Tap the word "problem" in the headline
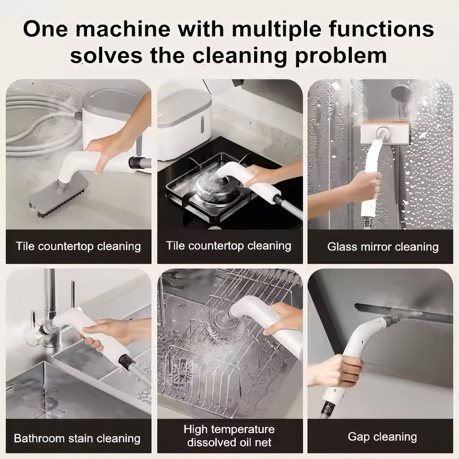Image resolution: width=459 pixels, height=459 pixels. tap(341, 55)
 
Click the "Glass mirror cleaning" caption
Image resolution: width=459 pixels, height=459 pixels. tap(383, 247)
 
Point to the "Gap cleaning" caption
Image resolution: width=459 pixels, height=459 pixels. tap(382, 437)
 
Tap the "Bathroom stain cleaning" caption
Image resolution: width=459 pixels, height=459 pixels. tap(77, 438)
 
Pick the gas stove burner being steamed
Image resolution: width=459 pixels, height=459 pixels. tap(211, 187)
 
